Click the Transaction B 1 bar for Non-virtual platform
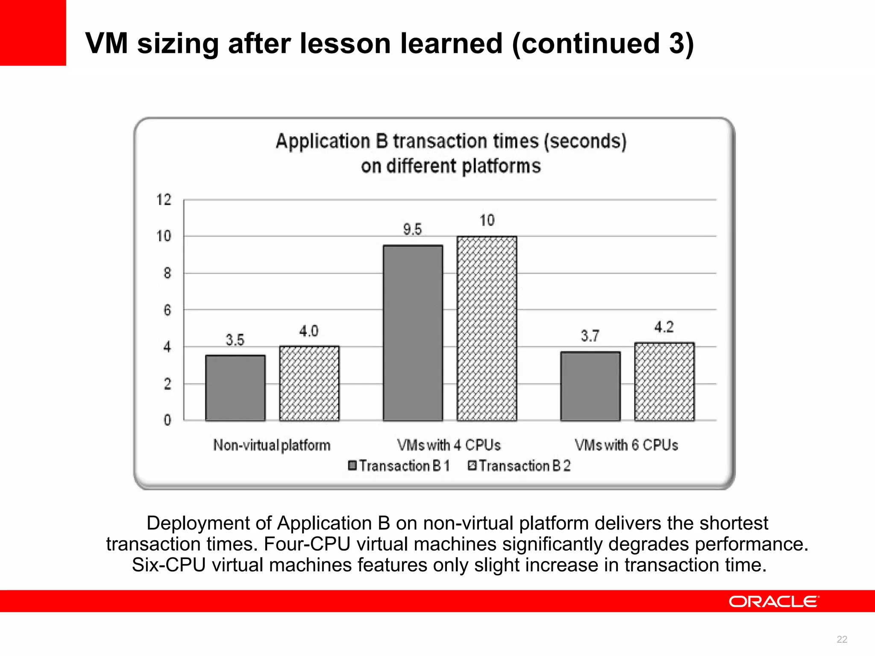pos(235,388)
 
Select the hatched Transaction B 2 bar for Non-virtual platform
pos(309,383)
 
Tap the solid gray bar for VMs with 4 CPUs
pos(413,333)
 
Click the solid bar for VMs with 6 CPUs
pos(590,386)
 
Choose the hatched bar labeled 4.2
pos(664,381)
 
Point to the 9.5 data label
pos(412,229)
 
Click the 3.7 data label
pos(590,336)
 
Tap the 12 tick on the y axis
pos(164,199)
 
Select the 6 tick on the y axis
pos(167,310)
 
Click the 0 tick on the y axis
pos(167,420)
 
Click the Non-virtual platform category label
pos(272,445)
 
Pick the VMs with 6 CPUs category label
pos(626,445)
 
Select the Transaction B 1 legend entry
pos(399,466)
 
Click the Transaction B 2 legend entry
pos(520,466)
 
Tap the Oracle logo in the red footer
pos(774,601)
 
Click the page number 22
pos(842,639)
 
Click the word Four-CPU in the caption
pos(307,544)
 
